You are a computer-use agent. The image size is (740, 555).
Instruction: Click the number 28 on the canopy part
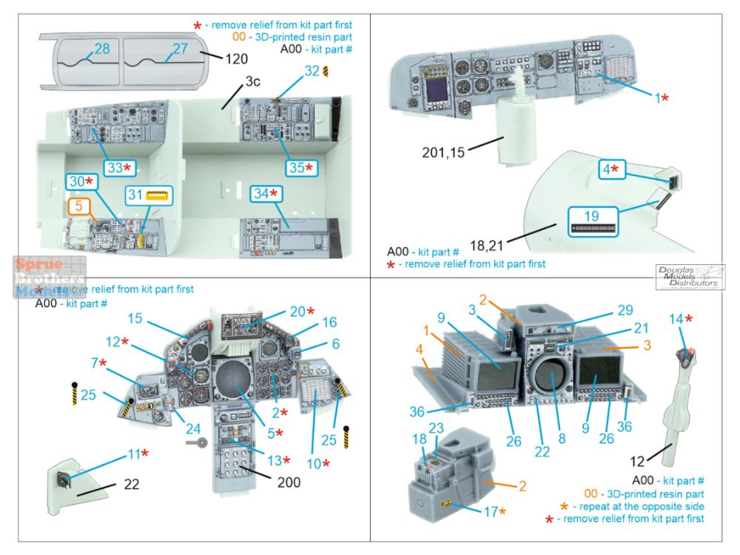[102, 50]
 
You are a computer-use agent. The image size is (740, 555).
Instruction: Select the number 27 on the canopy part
[181, 50]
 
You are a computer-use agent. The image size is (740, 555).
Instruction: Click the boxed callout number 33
[114, 168]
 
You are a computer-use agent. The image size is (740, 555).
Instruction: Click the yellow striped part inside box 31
[157, 196]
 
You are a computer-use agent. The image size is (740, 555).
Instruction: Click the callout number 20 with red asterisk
[297, 312]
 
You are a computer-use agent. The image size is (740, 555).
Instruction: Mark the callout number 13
[275, 460]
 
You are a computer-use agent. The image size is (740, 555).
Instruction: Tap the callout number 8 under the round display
[562, 438]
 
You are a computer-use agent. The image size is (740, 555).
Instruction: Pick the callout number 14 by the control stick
[674, 319]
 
